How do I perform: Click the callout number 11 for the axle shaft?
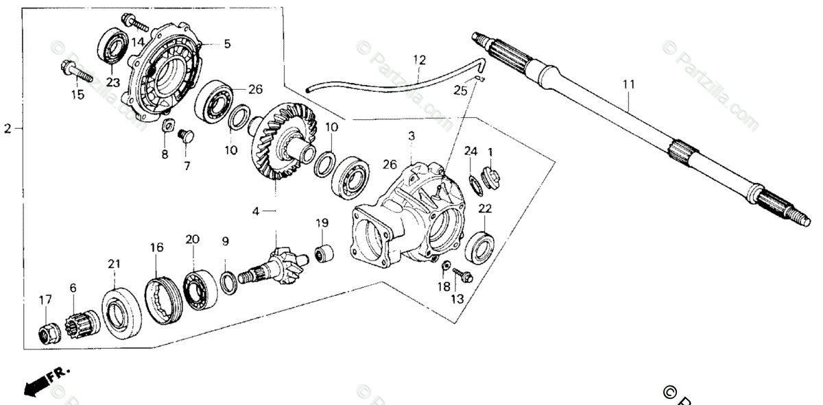tap(629, 85)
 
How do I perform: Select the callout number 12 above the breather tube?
tap(420, 60)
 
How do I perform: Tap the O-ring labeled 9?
tap(229, 282)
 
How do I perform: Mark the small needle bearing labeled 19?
tap(323, 252)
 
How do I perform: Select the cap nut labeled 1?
tap(490, 177)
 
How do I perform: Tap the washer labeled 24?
tap(472, 184)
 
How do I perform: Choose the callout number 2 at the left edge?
tap(8, 128)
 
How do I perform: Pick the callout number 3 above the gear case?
tap(411, 137)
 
